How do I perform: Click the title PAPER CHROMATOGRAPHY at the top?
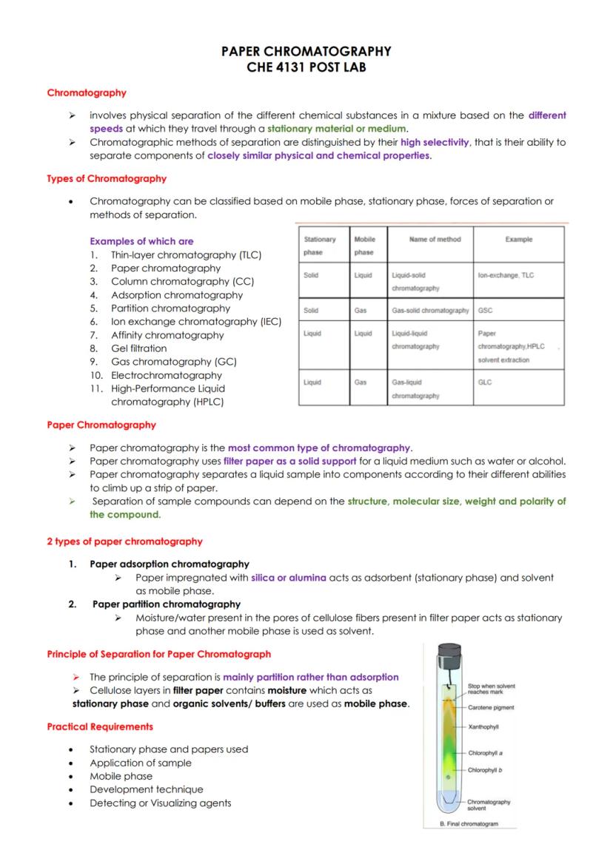[306, 51]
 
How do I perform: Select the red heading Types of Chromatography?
[107, 178]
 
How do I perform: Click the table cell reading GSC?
[486, 311]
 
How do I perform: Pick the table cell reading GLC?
[486, 382]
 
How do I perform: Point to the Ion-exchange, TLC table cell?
[506, 275]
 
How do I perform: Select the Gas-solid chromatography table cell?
[430, 311]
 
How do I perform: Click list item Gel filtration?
[138, 348]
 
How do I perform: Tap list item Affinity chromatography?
[167, 335]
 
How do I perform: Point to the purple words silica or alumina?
[289, 578]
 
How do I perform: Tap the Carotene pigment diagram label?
[491, 707]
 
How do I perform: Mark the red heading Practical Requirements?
[100, 726]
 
